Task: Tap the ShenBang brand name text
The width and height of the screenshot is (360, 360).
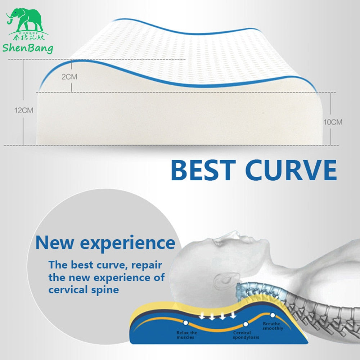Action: [28, 48]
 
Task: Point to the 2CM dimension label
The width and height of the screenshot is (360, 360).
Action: [69, 77]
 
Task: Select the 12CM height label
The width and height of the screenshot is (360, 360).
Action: [23, 111]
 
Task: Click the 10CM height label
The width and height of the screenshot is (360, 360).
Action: [333, 122]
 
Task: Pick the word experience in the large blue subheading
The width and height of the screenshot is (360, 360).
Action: [127, 243]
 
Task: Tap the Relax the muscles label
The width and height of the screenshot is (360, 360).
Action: [187, 335]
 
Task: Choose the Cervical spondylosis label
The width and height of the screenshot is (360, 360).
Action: [246, 335]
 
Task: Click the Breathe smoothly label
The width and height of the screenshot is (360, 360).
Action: [273, 326]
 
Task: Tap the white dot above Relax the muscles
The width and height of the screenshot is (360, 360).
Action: [185, 323]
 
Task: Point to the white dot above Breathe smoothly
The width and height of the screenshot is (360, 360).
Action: [273, 315]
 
